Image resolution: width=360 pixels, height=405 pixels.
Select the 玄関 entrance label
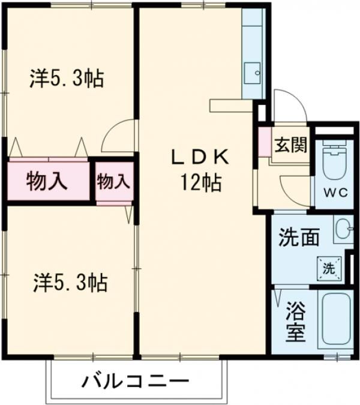(291, 145)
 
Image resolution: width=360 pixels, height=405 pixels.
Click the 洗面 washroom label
(298, 238)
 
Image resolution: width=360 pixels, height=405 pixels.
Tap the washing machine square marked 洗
(328, 269)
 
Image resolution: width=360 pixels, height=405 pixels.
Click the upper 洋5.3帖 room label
(66, 78)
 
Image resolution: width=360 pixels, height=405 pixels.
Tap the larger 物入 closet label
(46, 180)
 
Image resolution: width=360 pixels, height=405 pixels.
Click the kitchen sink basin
(254, 74)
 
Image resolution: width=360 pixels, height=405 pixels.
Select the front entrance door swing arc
(288, 105)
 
